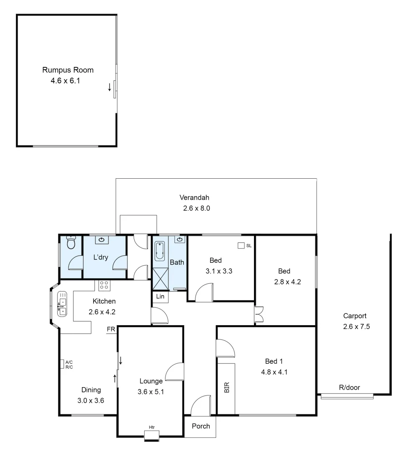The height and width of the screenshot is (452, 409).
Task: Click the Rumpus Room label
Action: tap(68, 70)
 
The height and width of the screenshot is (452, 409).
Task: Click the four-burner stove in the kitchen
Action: tap(104, 285)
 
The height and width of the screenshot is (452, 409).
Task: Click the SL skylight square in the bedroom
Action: tap(241, 246)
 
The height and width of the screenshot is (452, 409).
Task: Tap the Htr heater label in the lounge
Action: tap(152, 427)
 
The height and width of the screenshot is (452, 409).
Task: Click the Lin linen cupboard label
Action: tap(160, 296)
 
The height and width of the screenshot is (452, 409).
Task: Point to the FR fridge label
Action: tap(111, 329)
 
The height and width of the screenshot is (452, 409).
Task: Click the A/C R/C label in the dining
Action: tap(69, 364)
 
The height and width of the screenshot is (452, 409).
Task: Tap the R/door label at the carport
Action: tap(349, 388)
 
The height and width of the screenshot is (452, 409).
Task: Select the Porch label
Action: tap(201, 426)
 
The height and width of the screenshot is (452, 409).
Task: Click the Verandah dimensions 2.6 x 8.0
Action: tap(196, 208)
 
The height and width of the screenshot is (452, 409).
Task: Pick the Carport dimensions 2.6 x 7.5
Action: tap(356, 326)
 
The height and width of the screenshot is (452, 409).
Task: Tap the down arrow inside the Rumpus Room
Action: tap(109, 87)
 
